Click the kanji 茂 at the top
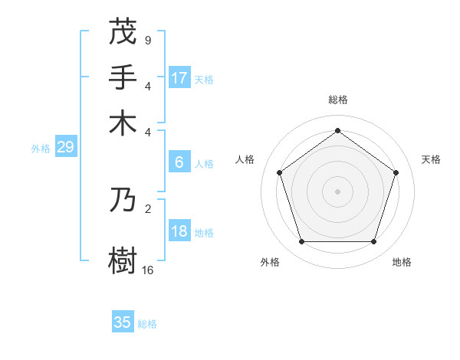click(123, 31)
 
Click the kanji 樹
click(123, 259)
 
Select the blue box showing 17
click(179, 78)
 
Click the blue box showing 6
click(179, 162)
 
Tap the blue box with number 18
click(179, 231)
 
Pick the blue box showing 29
click(65, 148)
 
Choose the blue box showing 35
click(123, 322)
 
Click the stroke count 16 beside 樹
click(148, 270)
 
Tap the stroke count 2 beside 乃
click(148, 208)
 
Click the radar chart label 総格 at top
click(337, 100)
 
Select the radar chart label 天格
click(431, 159)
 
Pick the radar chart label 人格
click(245, 159)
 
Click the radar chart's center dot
click(337, 191)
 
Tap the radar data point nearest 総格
click(337, 130)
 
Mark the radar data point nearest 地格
click(373, 242)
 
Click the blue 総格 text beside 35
click(147, 324)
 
